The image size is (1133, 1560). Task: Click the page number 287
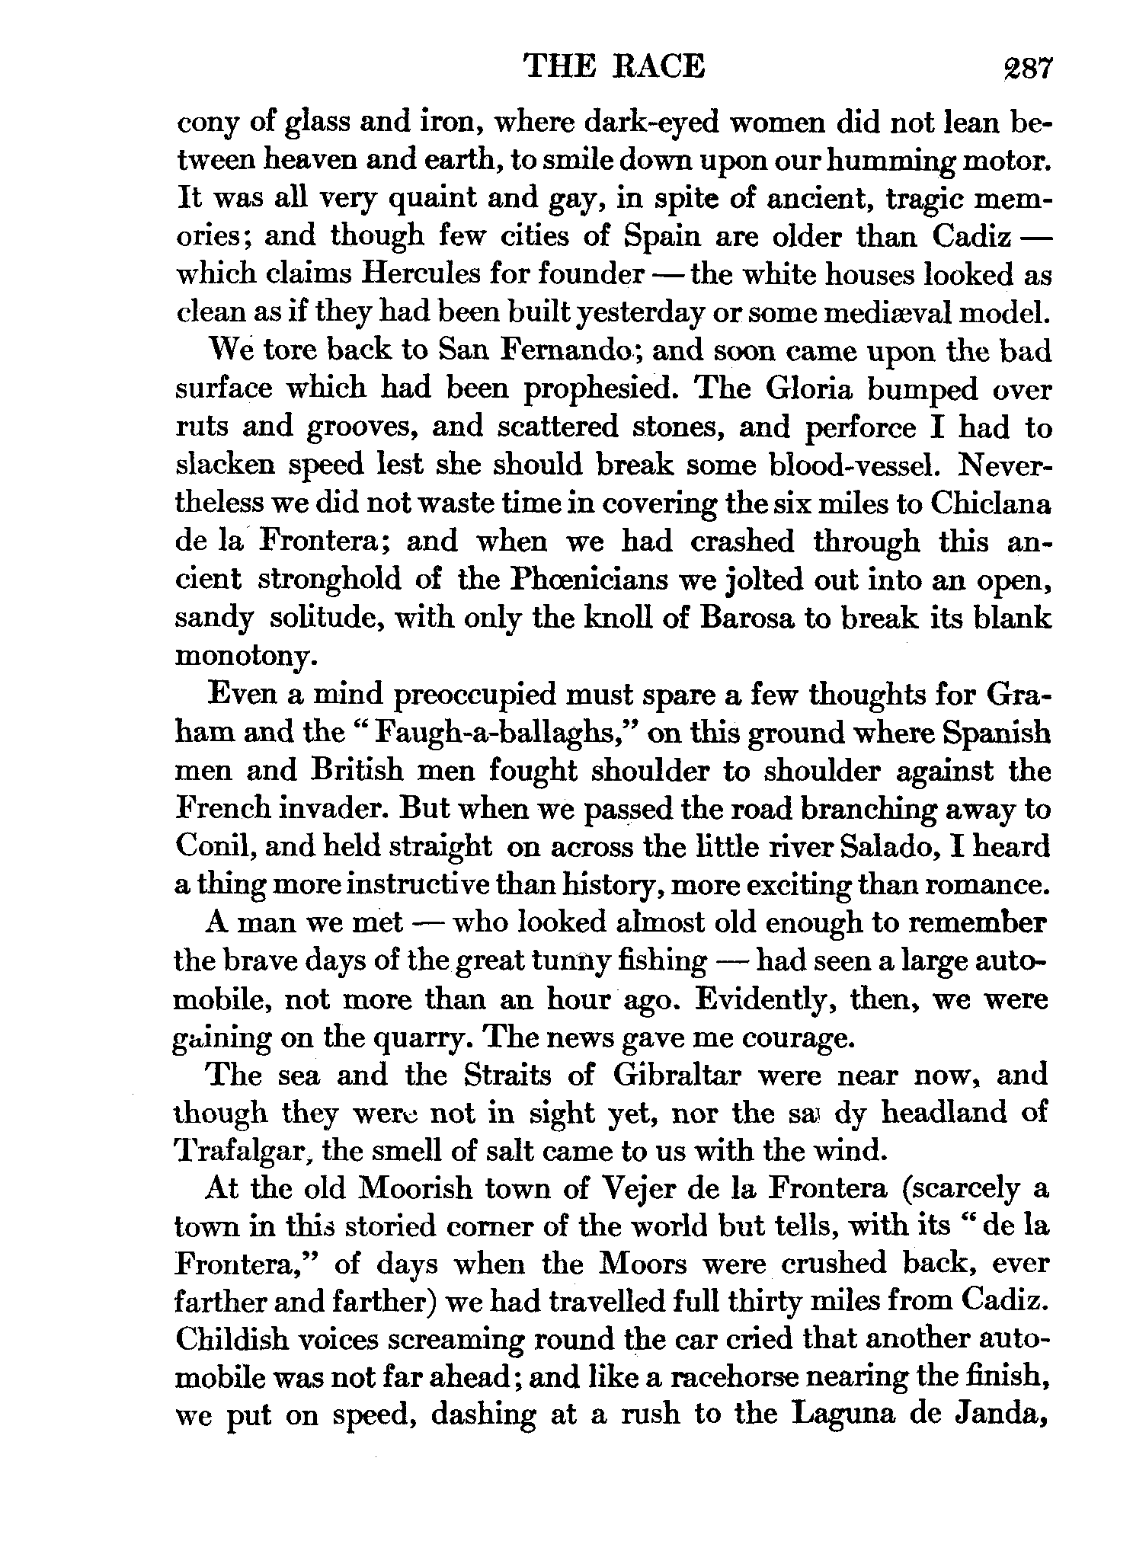[x=1026, y=68]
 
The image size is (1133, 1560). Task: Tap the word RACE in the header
[x=660, y=67]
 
